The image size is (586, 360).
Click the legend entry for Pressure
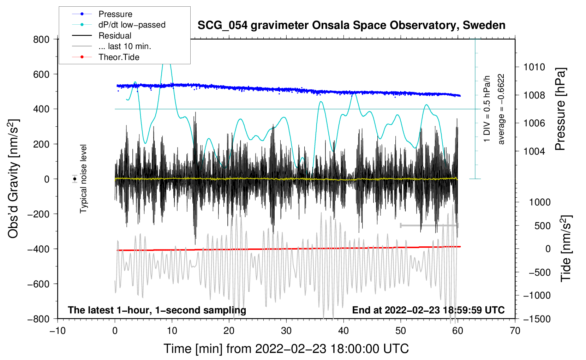pos(115,14)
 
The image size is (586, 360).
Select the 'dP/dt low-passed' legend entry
pos(132,25)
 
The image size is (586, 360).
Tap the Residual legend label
pos(115,36)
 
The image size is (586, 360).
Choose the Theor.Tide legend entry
pos(119,57)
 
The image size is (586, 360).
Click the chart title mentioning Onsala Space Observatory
pos(351,25)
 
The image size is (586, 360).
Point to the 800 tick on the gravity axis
pos(41,40)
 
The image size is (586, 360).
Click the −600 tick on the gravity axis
pos(38,284)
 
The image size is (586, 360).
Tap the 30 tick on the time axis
pos(286,331)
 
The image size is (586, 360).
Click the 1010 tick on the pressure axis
pos(534,67)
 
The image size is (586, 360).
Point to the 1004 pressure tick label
pos(534,151)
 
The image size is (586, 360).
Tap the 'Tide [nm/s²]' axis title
pos(566,248)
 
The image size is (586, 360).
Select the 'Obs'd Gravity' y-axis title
pos(13,179)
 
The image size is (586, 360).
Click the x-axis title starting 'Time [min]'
pos(286,349)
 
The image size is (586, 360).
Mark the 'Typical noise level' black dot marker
pos(75,179)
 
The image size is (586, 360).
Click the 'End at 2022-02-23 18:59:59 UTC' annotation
pos(428,310)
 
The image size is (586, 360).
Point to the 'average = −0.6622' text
pos(501,109)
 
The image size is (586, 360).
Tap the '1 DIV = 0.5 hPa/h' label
pos(487,109)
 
